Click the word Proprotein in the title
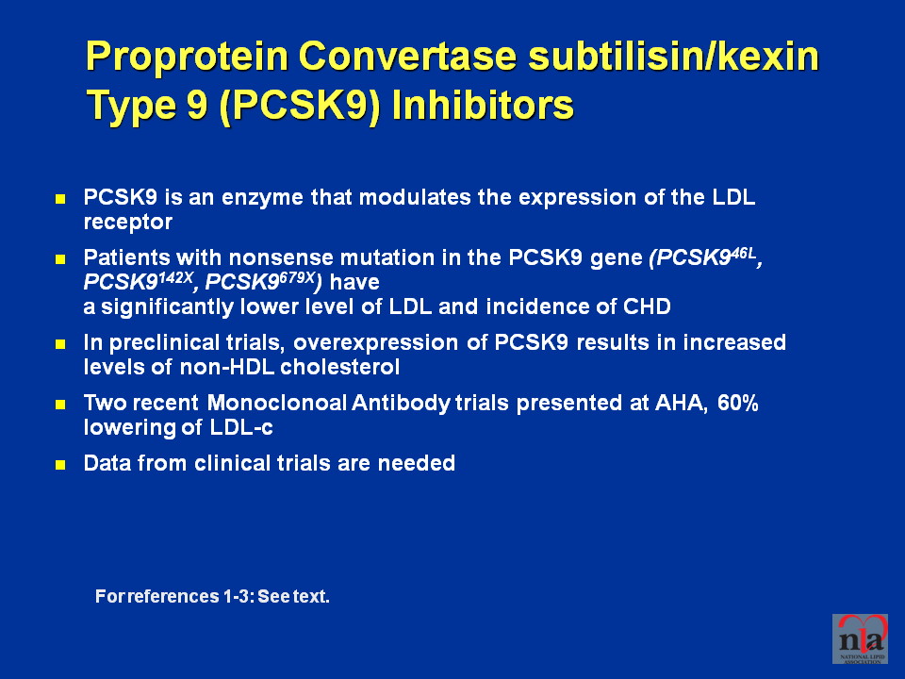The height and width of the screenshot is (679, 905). (187, 57)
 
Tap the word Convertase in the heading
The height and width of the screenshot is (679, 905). (407, 56)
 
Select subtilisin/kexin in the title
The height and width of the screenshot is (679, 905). (673, 56)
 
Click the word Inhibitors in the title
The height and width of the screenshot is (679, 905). (483, 105)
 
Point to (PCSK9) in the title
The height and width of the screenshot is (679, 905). (300, 107)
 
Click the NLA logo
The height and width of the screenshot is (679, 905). (860, 638)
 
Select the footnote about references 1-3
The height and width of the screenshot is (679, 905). (212, 596)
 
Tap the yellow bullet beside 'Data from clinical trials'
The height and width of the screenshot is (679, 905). (60, 464)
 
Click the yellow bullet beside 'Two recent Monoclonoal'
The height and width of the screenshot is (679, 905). (60, 405)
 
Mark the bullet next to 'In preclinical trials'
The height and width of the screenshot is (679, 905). (60, 344)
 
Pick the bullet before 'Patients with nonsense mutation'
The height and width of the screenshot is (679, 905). (60, 258)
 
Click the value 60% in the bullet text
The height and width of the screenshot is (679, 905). (737, 403)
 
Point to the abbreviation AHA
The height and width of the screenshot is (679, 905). (681, 403)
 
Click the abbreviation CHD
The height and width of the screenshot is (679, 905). (647, 306)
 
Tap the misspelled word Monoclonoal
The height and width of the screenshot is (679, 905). (276, 403)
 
